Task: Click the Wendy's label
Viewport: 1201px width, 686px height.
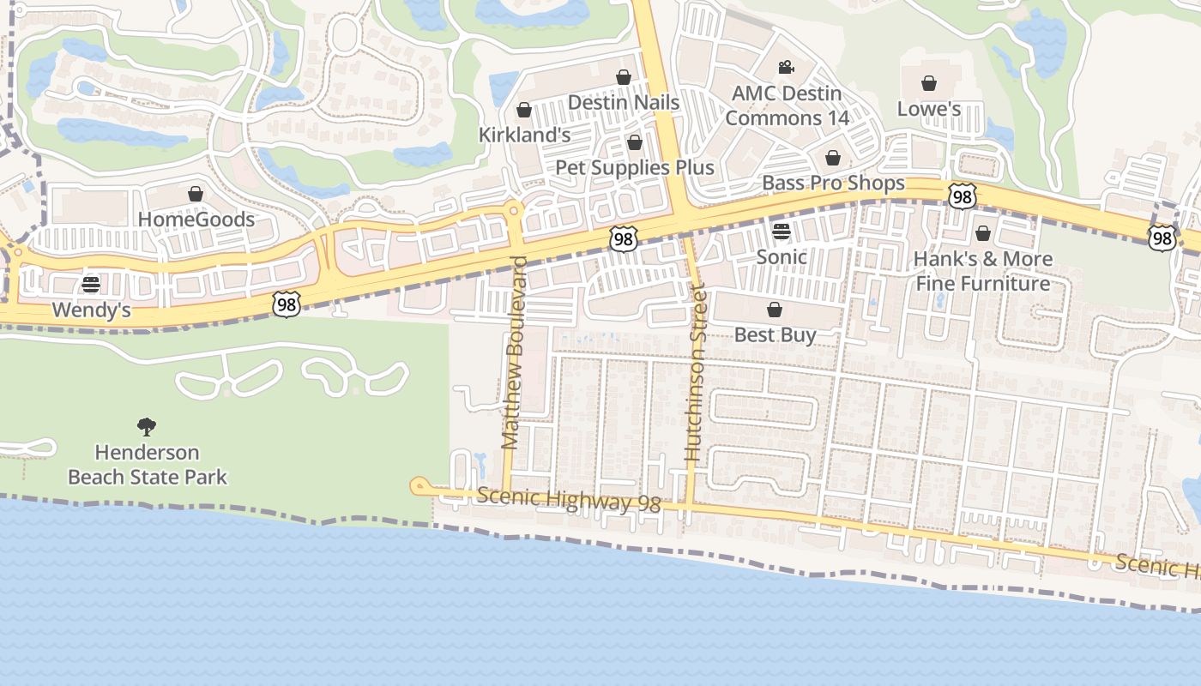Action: (x=92, y=310)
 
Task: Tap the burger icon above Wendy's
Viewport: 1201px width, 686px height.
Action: (x=91, y=285)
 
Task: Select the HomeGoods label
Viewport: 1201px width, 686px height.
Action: (x=196, y=220)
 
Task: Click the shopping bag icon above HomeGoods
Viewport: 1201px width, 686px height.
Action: (x=196, y=194)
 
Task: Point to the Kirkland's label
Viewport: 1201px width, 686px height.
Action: (x=524, y=135)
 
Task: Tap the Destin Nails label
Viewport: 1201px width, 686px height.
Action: (x=624, y=103)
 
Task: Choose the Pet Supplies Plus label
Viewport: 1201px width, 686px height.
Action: (x=635, y=167)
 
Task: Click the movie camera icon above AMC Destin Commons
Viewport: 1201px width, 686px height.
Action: (x=786, y=67)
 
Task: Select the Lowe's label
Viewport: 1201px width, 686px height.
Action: (x=929, y=109)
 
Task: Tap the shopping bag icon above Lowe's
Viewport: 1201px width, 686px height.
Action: (x=928, y=83)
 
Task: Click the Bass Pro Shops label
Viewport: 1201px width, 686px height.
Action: (x=833, y=183)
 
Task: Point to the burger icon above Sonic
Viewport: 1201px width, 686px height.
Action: (x=781, y=231)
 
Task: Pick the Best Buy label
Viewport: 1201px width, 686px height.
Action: (x=775, y=334)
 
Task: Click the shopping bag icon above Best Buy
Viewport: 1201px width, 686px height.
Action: (x=775, y=310)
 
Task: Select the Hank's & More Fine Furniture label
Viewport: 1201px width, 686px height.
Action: (x=982, y=271)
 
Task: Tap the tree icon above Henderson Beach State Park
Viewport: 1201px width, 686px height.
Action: (x=147, y=426)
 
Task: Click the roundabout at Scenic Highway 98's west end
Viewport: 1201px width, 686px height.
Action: (x=419, y=487)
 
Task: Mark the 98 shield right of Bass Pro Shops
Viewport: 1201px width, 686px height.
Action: (x=963, y=196)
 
